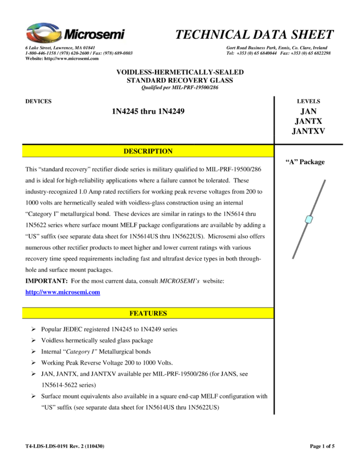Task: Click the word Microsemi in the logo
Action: (94, 35)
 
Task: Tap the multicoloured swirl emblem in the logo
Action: (45, 32)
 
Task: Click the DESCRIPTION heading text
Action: (148, 151)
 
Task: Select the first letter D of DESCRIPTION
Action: (126, 151)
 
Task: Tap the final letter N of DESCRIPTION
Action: (170, 151)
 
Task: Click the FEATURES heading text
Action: (148, 314)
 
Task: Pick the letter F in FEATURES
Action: (132, 314)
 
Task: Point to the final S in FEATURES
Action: (165, 314)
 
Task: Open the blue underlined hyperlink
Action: (62, 292)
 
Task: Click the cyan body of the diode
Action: (309, 219)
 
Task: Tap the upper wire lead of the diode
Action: (318, 198)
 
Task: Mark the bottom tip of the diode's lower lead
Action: (293, 258)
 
